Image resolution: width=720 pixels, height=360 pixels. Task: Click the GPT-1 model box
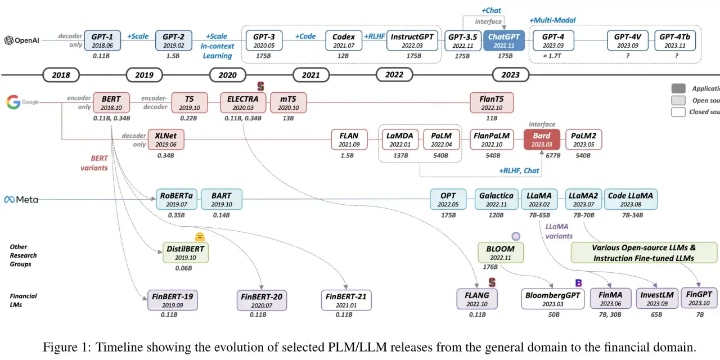(x=102, y=40)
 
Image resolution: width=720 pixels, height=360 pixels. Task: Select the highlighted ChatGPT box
(x=504, y=40)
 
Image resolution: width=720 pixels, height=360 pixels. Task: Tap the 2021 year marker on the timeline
(x=310, y=75)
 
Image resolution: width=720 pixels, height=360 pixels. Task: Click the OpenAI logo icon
(x=9, y=40)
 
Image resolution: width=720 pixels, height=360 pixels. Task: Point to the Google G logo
(x=12, y=102)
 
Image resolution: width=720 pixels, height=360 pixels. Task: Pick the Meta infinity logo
(x=10, y=200)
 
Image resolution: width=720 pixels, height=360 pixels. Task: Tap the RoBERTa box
(x=177, y=200)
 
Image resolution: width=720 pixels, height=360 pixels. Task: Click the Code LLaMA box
(x=630, y=200)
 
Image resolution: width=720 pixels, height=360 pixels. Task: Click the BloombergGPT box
(x=553, y=299)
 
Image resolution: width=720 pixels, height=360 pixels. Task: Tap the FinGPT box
(x=699, y=298)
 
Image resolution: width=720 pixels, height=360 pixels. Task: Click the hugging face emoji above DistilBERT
(x=199, y=237)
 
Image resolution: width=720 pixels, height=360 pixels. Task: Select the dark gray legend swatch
(x=678, y=89)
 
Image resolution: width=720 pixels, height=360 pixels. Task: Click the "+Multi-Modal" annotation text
(x=552, y=20)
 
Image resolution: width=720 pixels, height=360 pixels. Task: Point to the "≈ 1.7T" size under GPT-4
(x=553, y=56)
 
